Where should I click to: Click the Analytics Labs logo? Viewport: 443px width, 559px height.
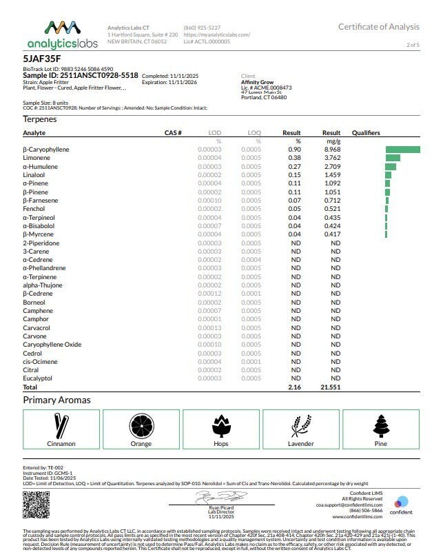coord(62,34)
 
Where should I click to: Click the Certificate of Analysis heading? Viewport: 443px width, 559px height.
coord(378,27)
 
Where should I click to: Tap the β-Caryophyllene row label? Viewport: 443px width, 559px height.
coord(46,150)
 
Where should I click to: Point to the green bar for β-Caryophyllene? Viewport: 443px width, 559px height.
coord(402,150)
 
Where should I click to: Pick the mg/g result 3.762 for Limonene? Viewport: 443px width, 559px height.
coord(332,158)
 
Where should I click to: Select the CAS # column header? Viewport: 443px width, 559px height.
coord(173,132)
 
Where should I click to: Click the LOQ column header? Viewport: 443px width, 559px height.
coord(254,132)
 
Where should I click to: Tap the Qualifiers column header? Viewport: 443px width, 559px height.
coord(366,132)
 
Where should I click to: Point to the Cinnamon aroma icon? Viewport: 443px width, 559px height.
coord(61,426)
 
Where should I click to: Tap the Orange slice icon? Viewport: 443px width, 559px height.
coord(141,426)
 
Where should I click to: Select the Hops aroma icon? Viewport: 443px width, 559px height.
coord(221,426)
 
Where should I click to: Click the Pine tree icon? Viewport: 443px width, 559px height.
coord(380,426)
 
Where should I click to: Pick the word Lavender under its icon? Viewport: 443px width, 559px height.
coord(301,444)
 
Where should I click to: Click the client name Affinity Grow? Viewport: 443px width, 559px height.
coord(258,82)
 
